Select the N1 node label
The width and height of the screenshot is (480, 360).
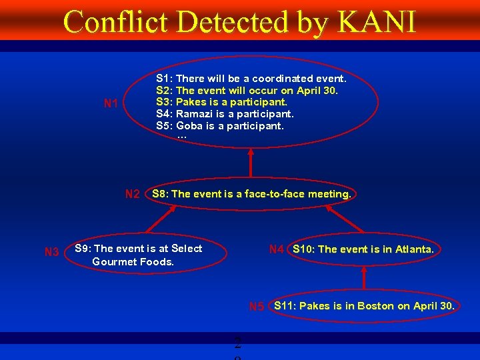[111, 104]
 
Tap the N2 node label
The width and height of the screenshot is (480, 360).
[133, 195]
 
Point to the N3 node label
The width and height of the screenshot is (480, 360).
[51, 252]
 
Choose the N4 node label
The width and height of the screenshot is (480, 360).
[277, 249]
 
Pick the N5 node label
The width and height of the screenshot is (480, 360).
[257, 307]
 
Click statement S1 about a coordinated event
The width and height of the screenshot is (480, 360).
[251, 79]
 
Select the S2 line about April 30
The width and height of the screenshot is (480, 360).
[247, 90]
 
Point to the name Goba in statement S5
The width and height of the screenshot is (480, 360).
[189, 125]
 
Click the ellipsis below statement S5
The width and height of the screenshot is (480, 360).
[182, 137]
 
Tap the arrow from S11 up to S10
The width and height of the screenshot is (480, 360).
[364, 278]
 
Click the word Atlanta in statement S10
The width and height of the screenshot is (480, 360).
[414, 249]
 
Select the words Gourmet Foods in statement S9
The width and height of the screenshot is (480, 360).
[133, 261]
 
